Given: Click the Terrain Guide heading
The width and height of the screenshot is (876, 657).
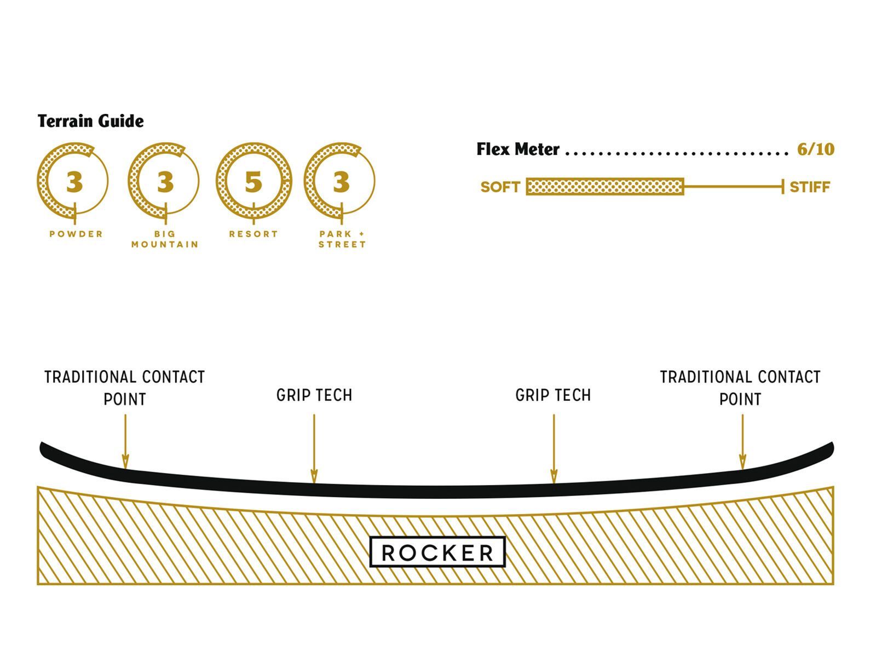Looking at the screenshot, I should [x=90, y=121].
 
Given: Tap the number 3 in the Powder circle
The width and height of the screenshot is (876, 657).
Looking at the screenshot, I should [x=74, y=182].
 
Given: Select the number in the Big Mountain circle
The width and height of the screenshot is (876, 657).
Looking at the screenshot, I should [x=165, y=182].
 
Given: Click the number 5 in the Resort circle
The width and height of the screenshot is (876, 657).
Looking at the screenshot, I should [x=253, y=182].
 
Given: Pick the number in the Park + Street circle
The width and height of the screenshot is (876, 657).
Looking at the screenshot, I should [x=341, y=182].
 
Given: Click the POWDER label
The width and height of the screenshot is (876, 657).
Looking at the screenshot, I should [x=76, y=234].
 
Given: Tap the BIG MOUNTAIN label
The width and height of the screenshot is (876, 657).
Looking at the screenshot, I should [x=165, y=239].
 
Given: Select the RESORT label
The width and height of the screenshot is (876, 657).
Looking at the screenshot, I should [x=253, y=234].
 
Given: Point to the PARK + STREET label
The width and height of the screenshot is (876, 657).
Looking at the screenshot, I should [x=342, y=239].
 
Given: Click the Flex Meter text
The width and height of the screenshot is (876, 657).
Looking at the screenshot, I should [x=517, y=149].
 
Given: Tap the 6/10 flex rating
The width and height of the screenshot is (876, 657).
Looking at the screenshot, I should [x=815, y=149].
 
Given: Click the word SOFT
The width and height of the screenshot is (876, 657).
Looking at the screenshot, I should [x=500, y=187].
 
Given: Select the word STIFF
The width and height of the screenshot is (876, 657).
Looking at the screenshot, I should [x=810, y=187].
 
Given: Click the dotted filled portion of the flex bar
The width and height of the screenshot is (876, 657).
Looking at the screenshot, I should [x=605, y=187].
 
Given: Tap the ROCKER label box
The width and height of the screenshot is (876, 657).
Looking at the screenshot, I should [x=437, y=552].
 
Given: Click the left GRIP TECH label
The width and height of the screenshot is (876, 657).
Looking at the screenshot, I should [x=314, y=395].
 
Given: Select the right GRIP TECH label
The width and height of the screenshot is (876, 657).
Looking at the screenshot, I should [x=553, y=395].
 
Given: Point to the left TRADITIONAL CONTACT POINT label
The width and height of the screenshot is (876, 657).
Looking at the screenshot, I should [x=125, y=388].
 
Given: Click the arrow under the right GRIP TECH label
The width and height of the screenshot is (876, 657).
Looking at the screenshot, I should [x=554, y=449].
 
